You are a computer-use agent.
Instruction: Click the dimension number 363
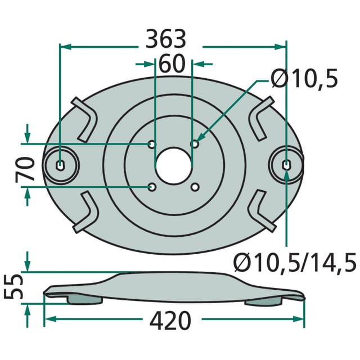pyautogui.click(x=166, y=39)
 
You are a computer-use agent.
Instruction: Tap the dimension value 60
pyautogui.click(x=172, y=64)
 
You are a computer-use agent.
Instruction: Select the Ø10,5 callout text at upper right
pyautogui.click(x=304, y=78)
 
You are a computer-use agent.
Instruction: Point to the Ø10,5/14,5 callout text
pyautogui.click(x=295, y=262)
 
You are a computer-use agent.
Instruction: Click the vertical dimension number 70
pyautogui.click(x=25, y=169)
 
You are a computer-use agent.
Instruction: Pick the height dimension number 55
pyautogui.click(x=14, y=287)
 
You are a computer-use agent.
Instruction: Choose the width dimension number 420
pyautogui.click(x=170, y=321)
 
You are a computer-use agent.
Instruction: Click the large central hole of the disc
pyautogui.click(x=173, y=166)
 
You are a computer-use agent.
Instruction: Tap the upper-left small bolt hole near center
pyautogui.click(x=151, y=145)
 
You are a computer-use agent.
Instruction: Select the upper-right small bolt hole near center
pyautogui.click(x=195, y=144)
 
